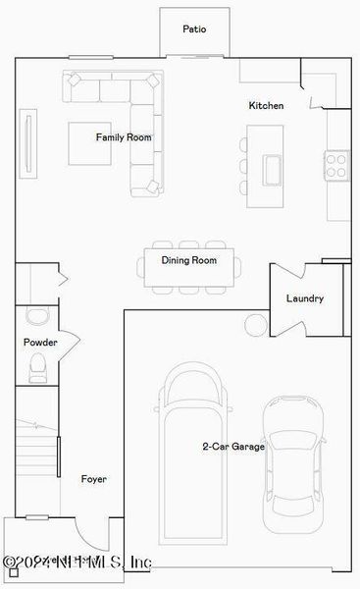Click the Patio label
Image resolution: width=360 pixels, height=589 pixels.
pos(194,29)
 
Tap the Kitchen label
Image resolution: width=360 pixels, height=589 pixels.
pos(266,105)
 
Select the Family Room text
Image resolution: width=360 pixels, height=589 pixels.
pos(124,137)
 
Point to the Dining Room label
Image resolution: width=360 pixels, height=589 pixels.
pos(189,260)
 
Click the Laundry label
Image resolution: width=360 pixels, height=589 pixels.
pos(304,298)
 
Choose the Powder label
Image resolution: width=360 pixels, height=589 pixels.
pos(40,343)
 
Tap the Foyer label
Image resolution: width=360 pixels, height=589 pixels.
pos(94,479)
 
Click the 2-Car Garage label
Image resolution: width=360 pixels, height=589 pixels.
pos(233,447)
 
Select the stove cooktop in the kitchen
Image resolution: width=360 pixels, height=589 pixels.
pos(336,163)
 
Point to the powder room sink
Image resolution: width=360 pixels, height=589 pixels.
pos(37,316)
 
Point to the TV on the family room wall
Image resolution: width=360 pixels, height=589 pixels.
pos(28,144)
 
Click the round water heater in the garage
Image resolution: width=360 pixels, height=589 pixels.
pos(256,323)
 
